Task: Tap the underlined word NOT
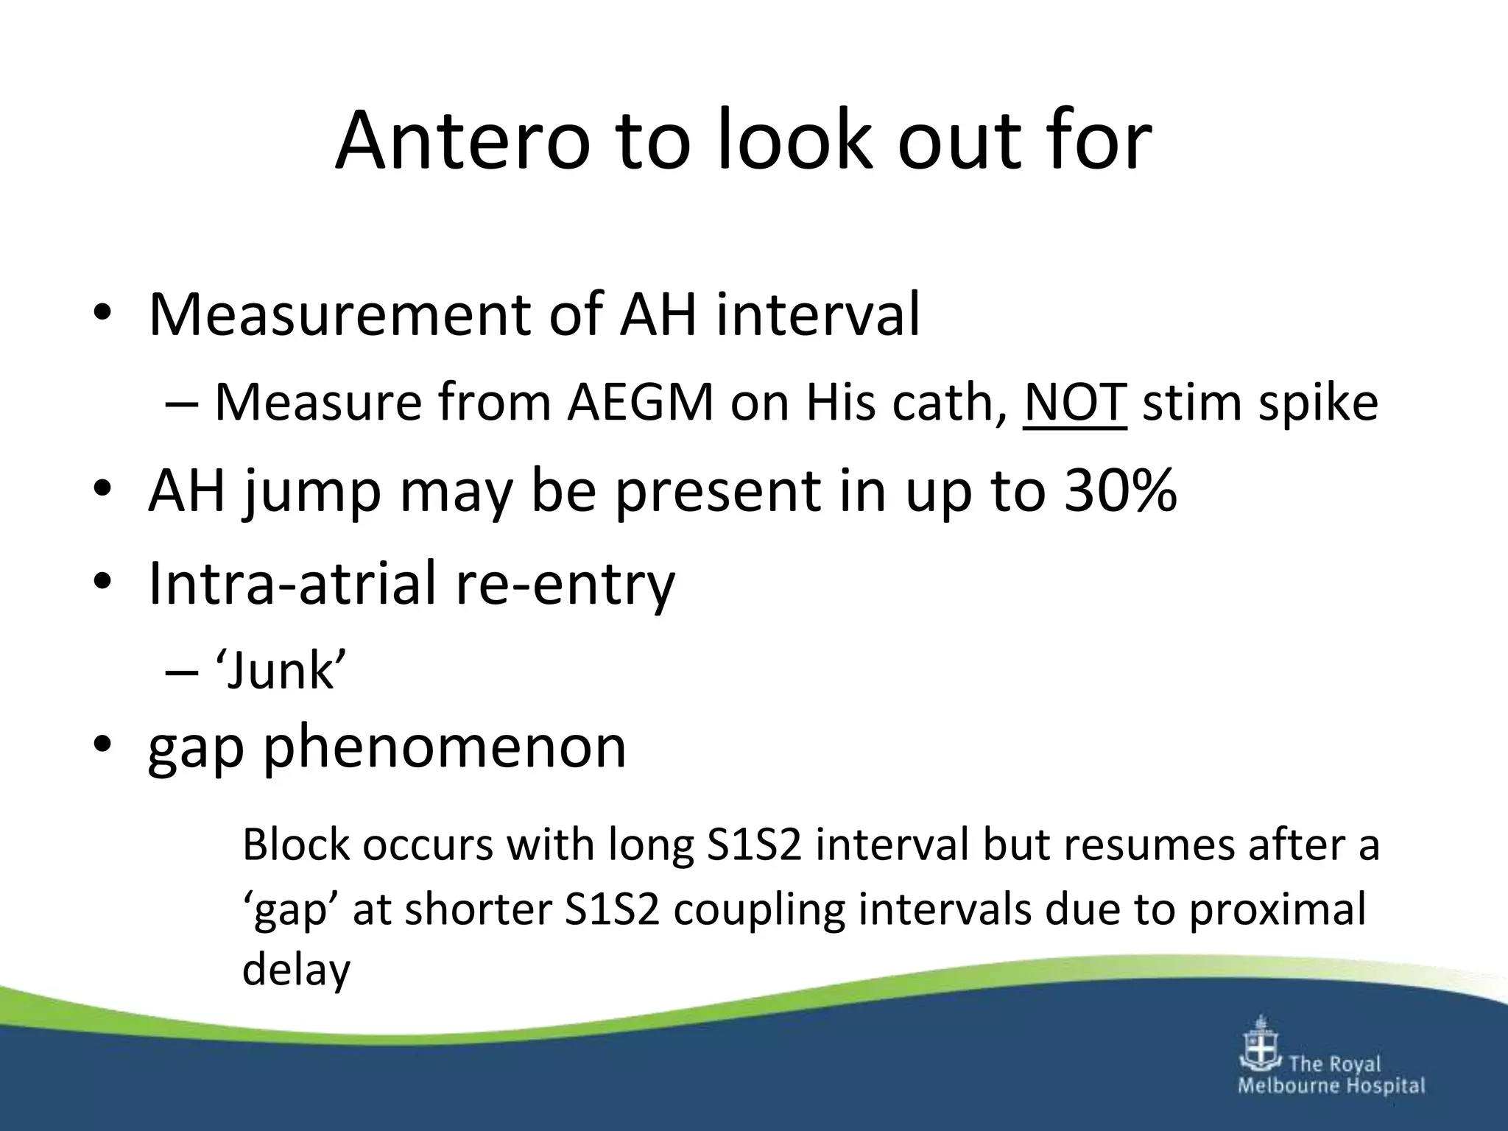coord(1074,402)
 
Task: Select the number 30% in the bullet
coord(1119,490)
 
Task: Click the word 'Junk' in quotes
coord(281,671)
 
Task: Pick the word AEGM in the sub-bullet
coord(640,402)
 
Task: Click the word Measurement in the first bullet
coord(338,315)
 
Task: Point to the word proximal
coord(1278,910)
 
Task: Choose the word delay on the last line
coord(296,970)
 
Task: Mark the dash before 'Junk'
coord(182,672)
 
